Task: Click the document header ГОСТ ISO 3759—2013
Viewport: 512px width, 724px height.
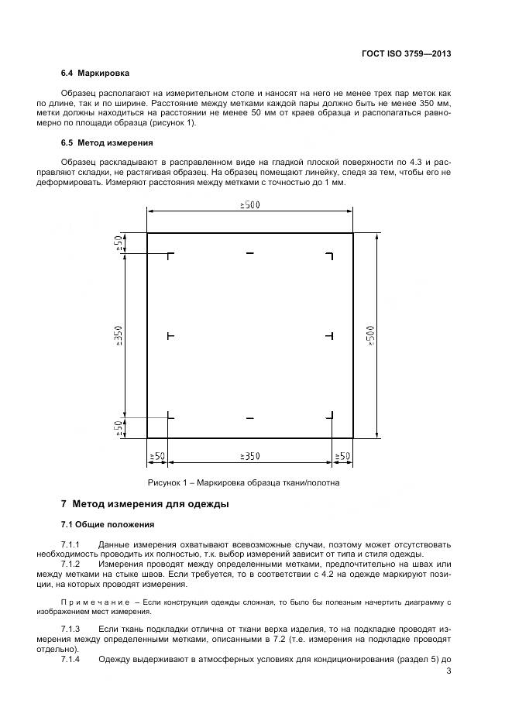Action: [406, 54]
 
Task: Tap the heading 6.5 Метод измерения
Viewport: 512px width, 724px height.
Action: [107, 142]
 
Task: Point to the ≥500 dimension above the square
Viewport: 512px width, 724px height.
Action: [249, 205]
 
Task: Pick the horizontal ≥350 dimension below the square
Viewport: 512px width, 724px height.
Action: [249, 456]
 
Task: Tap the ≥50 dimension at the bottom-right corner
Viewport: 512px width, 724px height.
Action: [342, 456]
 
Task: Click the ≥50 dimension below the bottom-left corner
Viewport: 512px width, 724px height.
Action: [157, 456]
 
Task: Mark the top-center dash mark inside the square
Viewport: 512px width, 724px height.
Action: [249, 253]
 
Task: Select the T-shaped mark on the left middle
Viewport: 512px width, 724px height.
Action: [170, 335]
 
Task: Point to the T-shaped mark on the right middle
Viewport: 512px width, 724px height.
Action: [330, 335]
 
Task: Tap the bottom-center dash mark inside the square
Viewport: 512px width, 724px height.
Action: [249, 418]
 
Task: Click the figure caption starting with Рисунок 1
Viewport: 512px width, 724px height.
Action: [249, 482]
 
